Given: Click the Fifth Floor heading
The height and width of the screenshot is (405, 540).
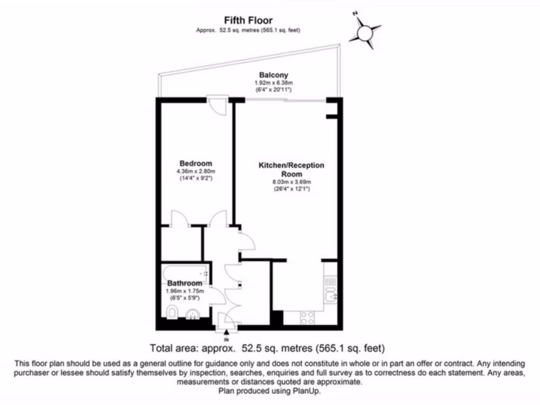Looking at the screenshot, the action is [x=248, y=21].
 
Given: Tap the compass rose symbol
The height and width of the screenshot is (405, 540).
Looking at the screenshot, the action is [x=365, y=33].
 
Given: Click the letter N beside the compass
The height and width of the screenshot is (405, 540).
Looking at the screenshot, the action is [x=355, y=14].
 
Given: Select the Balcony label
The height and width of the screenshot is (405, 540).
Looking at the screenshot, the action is [x=274, y=75].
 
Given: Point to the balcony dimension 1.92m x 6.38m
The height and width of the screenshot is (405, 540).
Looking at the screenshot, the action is [x=274, y=83].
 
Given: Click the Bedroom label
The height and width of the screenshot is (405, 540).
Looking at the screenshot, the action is [x=196, y=163].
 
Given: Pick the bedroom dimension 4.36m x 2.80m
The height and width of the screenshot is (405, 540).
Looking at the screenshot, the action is [x=196, y=171].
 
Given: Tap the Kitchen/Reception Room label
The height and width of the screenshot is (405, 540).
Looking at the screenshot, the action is [x=291, y=169].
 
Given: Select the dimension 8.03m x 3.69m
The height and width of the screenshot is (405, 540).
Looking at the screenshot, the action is [x=292, y=182].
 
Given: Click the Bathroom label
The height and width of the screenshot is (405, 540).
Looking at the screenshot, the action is [x=185, y=283].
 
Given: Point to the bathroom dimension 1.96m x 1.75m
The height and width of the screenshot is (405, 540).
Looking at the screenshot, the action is [x=185, y=291].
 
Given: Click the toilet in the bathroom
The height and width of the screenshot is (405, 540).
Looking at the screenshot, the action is [x=172, y=312].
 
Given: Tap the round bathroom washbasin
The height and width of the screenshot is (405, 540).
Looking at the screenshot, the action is [x=193, y=314].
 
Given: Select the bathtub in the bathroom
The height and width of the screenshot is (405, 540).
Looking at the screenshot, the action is [x=186, y=273].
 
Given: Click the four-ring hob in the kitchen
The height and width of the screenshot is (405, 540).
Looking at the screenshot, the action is [x=307, y=318].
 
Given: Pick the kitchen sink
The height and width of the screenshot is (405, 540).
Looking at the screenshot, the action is [x=331, y=295].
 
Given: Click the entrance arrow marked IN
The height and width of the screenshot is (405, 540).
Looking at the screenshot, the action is [x=226, y=334].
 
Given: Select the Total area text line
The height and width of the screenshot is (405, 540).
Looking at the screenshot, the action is [x=267, y=348].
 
